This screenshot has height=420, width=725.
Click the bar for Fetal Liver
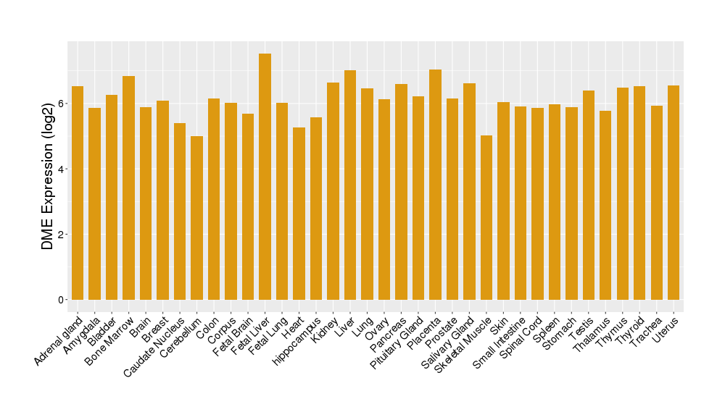(265, 177)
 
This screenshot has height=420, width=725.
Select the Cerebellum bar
(196, 218)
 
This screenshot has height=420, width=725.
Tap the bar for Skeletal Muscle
(486, 217)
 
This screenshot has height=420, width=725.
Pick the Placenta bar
(435, 185)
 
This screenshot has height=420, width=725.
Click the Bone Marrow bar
(128, 188)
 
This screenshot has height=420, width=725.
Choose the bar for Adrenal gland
(78, 193)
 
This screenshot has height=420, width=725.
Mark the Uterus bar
(674, 193)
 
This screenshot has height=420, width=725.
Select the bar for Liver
(350, 185)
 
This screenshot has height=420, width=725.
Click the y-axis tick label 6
(61, 104)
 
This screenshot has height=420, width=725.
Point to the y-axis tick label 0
(61, 300)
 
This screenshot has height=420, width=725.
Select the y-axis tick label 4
(61, 169)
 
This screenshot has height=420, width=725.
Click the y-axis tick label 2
(61, 235)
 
